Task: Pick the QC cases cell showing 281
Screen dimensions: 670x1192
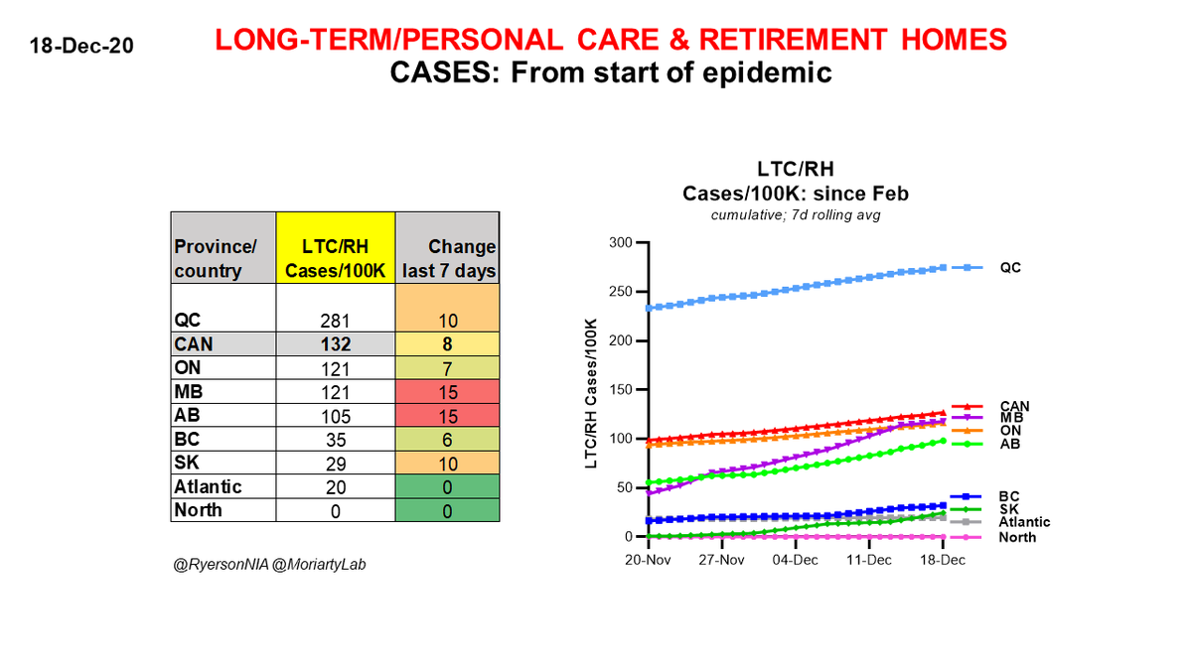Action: (x=335, y=319)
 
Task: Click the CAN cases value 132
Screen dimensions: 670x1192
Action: (x=335, y=343)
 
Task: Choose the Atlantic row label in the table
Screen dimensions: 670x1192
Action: (x=209, y=486)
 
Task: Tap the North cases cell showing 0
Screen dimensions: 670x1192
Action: (x=335, y=510)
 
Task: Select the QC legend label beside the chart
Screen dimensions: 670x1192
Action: (x=1009, y=268)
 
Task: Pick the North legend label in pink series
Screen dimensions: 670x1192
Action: (x=1017, y=537)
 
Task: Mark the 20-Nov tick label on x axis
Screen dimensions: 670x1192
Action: (x=647, y=560)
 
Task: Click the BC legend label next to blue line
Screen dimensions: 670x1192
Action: (x=1009, y=495)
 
